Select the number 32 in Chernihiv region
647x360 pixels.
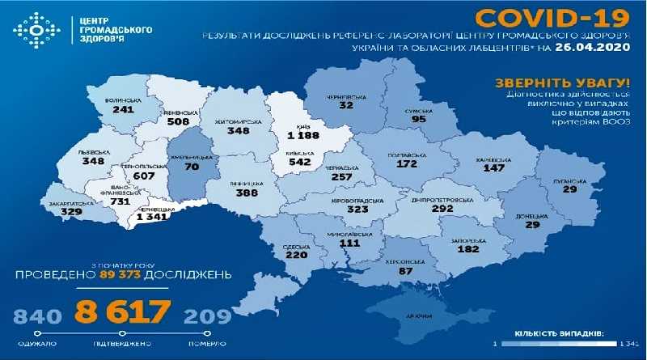pos(348,106)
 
